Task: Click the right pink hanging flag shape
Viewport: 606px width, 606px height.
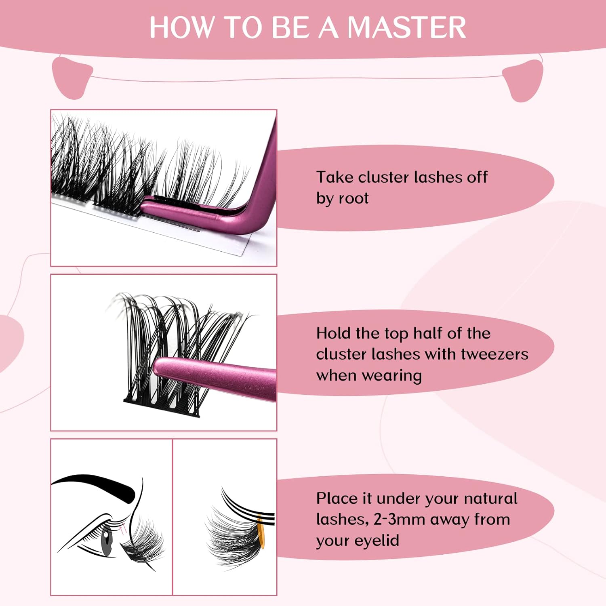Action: (x=523, y=80)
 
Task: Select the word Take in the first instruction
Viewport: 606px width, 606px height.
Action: (x=335, y=177)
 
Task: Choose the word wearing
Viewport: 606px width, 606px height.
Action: (x=392, y=376)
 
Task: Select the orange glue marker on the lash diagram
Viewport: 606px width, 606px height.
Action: (x=261, y=535)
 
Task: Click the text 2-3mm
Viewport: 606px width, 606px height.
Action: (x=400, y=520)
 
